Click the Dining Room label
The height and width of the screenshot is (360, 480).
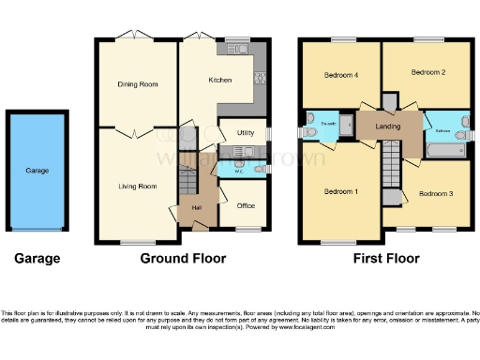pos(136,84)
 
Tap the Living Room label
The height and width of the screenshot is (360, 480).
pos(135,187)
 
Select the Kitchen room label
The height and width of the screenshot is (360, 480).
pos(220,81)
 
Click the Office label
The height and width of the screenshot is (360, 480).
pos(246,206)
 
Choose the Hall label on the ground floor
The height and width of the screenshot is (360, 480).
pos(197,207)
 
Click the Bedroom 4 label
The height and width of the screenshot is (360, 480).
pos(340,75)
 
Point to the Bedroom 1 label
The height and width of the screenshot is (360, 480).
pos(340,190)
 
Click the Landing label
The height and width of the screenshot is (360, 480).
pos(388,125)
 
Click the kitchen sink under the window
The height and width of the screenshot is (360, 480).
pos(232,49)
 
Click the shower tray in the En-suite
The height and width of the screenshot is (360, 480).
pos(343,126)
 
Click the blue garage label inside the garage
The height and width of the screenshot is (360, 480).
pos(37,171)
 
